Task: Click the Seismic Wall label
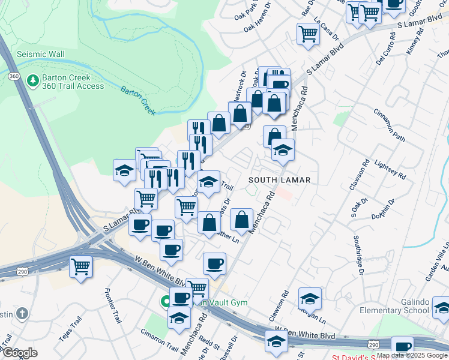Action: [40, 54]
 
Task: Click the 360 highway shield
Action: [14, 76]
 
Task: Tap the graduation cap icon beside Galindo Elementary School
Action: [441, 307]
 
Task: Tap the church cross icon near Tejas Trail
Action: [22, 313]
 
